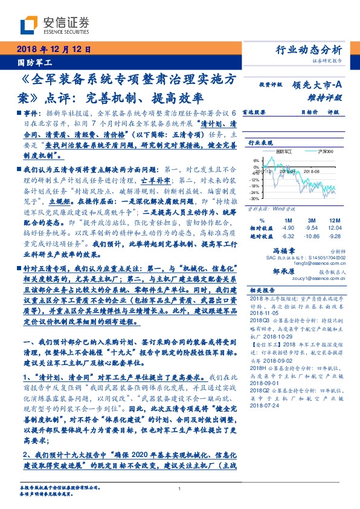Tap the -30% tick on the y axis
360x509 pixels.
coord(255,198)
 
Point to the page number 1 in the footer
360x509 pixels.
coord(180,489)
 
